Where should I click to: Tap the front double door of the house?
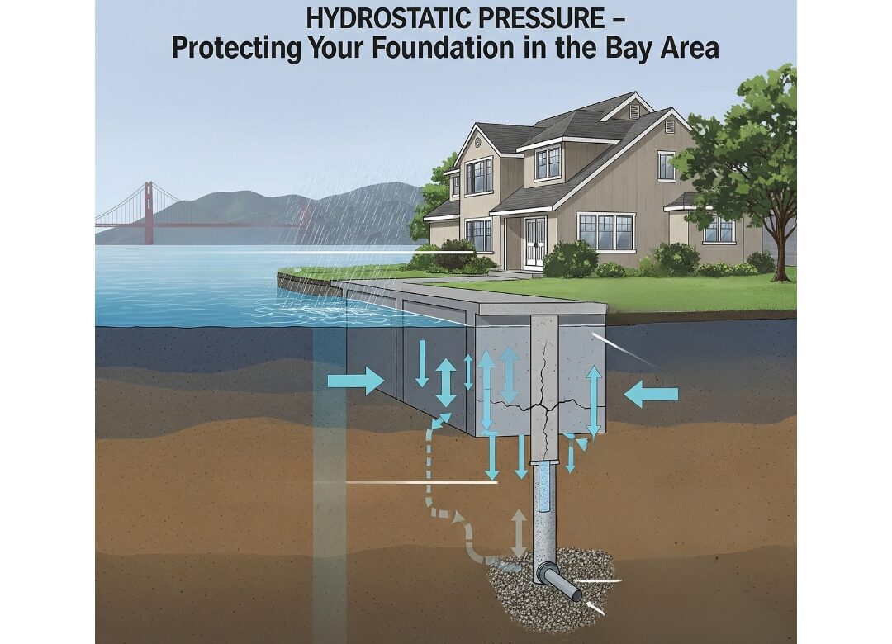[534, 242]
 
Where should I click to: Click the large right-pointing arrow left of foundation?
[356, 381]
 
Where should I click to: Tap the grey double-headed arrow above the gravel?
[519, 533]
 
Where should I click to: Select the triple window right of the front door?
[606, 231]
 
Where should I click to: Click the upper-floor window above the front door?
[547, 163]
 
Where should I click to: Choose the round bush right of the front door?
[570, 260]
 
